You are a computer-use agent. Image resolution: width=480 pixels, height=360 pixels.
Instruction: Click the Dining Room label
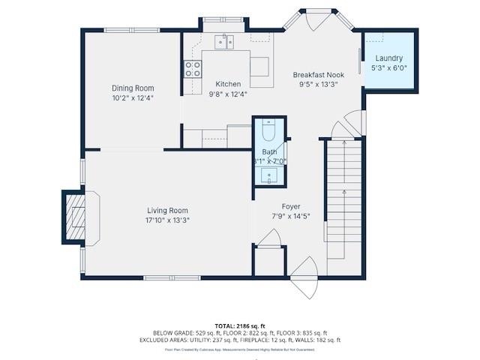pyautogui.click(x=133, y=88)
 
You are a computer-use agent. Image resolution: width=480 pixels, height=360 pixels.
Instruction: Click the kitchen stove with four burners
pyautogui.click(x=193, y=70)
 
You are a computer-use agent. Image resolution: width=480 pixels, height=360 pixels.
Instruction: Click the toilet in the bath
pyautogui.click(x=270, y=132)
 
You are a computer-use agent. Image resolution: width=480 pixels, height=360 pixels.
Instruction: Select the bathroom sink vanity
pyautogui.click(x=269, y=176)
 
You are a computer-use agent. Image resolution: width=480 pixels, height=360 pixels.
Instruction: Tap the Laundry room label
pyautogui.click(x=389, y=58)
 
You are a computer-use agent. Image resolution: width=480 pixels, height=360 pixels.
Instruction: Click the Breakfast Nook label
pyautogui.click(x=318, y=75)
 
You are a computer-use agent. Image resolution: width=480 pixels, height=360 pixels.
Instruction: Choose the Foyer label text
pyautogui.click(x=290, y=207)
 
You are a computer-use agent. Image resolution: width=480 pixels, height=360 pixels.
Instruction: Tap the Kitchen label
pyautogui.click(x=228, y=84)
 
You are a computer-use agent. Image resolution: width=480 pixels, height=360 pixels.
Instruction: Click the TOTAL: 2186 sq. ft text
pyautogui.click(x=240, y=325)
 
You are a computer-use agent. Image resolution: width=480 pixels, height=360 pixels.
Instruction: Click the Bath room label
pyautogui.click(x=269, y=151)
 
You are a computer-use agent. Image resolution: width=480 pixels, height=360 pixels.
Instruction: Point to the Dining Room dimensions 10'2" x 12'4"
pyautogui.click(x=133, y=98)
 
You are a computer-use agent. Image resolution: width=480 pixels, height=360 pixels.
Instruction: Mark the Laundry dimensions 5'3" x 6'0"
pyautogui.click(x=389, y=68)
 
